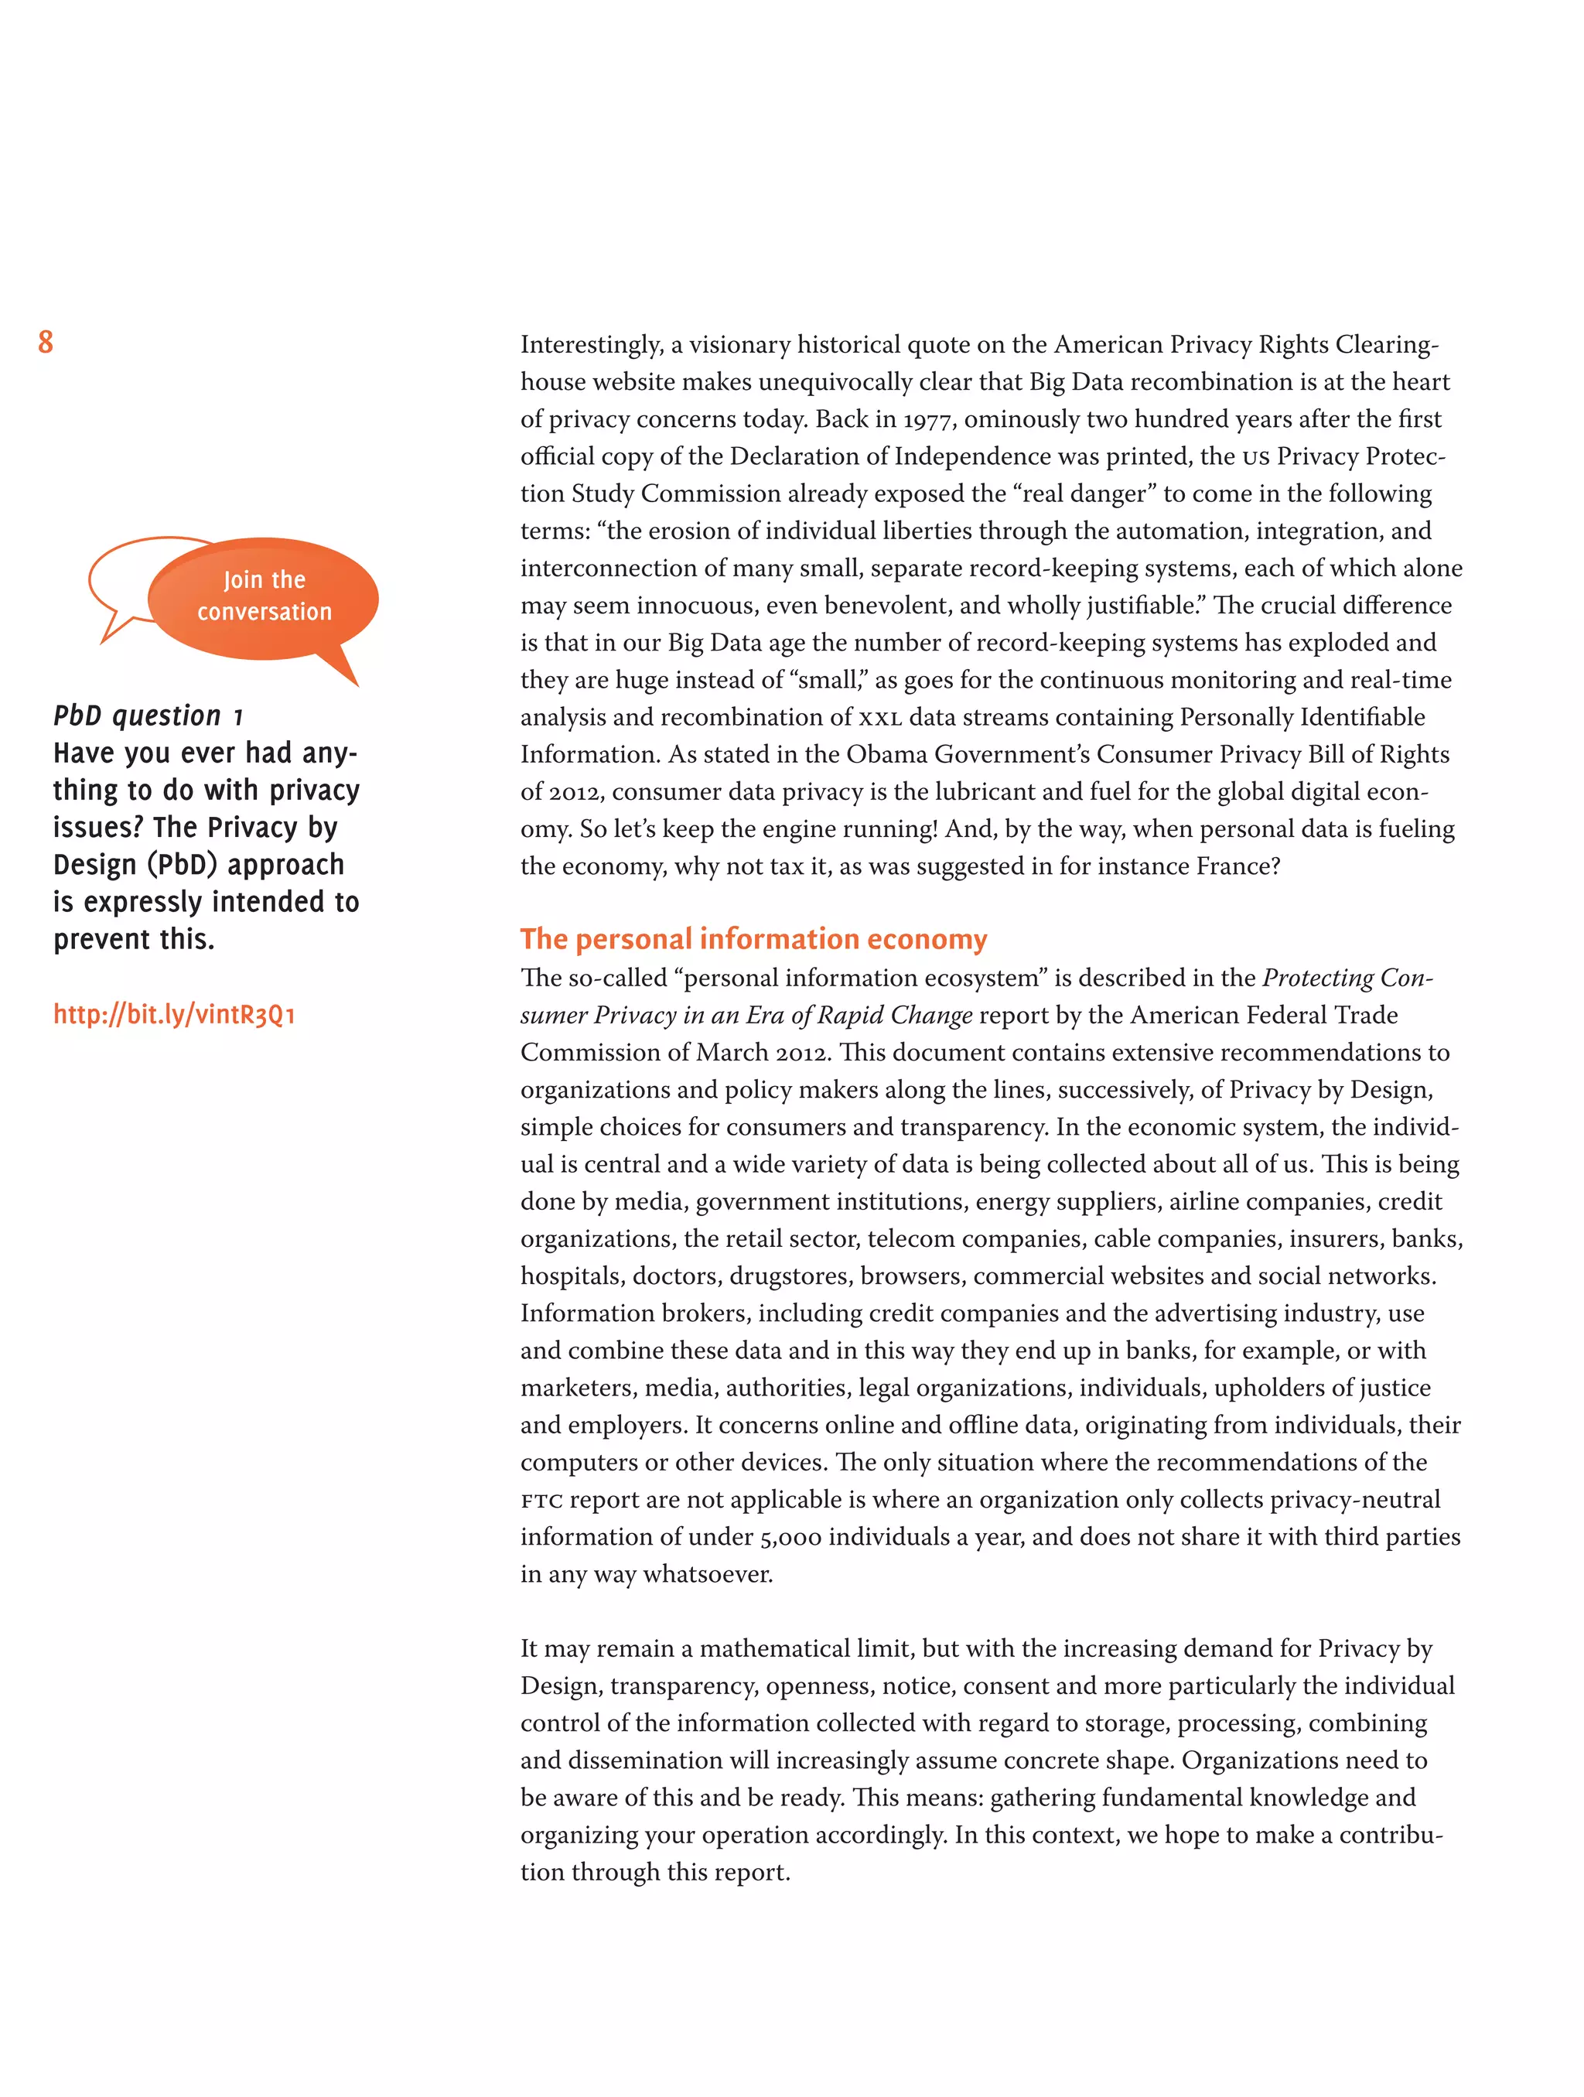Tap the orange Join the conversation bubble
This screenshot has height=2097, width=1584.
pos(265,596)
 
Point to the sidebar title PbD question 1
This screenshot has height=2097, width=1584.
pos(148,716)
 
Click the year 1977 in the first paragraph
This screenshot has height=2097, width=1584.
pos(927,419)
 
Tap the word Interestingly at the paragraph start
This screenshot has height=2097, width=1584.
pos(591,344)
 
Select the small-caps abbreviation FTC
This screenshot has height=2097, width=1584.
pos(541,1501)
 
